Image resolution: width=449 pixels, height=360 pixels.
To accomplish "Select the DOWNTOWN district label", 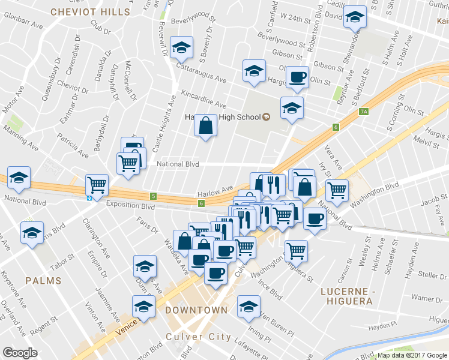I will pyautogui.click(x=196, y=310).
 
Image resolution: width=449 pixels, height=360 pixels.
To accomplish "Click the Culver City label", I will pyautogui.click(x=198, y=337).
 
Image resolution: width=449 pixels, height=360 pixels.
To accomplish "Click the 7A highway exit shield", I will pyautogui.click(x=363, y=112).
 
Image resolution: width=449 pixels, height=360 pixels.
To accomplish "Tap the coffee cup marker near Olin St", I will pyautogui.click(x=297, y=77).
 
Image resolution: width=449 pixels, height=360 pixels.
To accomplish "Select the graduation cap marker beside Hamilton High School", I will pyautogui.click(x=292, y=108).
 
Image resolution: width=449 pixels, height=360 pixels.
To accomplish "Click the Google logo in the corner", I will pyautogui.click(x=20, y=352).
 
